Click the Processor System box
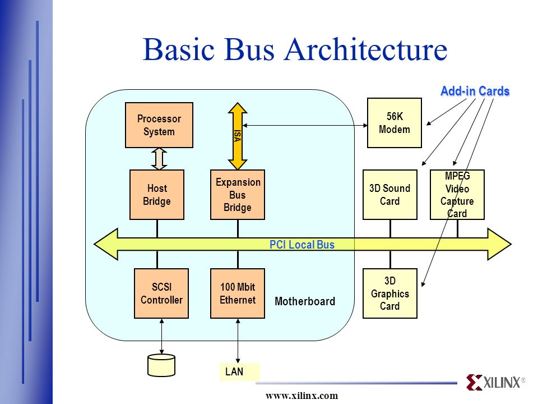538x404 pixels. pyautogui.click(x=159, y=125)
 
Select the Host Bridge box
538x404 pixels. pyautogui.click(x=157, y=195)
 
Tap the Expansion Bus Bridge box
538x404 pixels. pyautogui.click(x=238, y=195)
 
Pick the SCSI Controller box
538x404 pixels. pyautogui.click(x=161, y=293)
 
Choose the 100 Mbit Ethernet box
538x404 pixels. pyautogui.click(x=238, y=293)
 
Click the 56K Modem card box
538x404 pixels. pyautogui.click(x=394, y=123)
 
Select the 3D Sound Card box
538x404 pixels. pyautogui.click(x=390, y=195)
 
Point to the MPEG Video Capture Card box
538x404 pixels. pyautogui.click(x=457, y=195)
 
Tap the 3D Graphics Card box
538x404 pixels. pyautogui.click(x=390, y=293)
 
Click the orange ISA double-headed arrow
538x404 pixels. pyautogui.click(x=238, y=136)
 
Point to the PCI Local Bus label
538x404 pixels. pyautogui.click(x=302, y=245)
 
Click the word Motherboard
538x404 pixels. pyautogui.click(x=305, y=301)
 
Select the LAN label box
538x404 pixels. pyautogui.click(x=239, y=371)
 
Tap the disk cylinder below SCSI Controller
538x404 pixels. pyautogui.click(x=161, y=365)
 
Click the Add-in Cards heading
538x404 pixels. pyautogui.click(x=475, y=91)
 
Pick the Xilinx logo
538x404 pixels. pyautogui.click(x=495, y=382)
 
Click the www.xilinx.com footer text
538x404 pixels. pyautogui.click(x=302, y=396)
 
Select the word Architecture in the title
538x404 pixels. pyautogui.click(x=366, y=49)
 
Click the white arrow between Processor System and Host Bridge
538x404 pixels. pyautogui.click(x=159, y=159)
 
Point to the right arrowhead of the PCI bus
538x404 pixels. pyautogui.click(x=499, y=244)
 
